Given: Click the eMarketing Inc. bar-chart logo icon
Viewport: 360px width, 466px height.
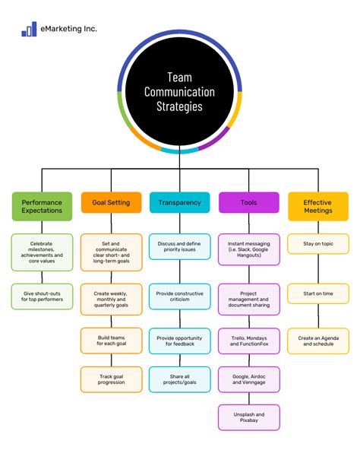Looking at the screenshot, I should pyautogui.click(x=29, y=29).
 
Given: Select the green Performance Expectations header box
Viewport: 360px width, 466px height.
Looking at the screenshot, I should pyautogui.click(x=43, y=207).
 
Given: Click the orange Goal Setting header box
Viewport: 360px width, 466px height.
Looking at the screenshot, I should pyautogui.click(x=111, y=203).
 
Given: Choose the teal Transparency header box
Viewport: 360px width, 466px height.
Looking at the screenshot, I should pyautogui.click(x=180, y=203).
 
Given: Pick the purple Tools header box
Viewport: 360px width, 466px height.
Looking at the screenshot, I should pyautogui.click(x=248, y=203).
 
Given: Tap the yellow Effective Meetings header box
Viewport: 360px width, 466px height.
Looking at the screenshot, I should pyautogui.click(x=317, y=207).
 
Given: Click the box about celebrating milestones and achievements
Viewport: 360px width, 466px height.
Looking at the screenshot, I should pyautogui.click(x=43, y=252).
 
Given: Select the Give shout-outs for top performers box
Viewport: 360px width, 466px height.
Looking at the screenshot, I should pyautogui.click(x=43, y=296).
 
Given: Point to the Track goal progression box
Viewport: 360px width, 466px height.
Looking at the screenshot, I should pyautogui.click(x=111, y=379).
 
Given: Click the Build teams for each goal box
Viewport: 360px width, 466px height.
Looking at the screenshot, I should pyautogui.click(x=111, y=339).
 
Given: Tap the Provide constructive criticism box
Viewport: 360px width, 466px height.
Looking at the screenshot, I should pyautogui.click(x=180, y=296).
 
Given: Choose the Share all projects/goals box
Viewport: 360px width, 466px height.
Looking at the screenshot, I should pyautogui.click(x=180, y=379).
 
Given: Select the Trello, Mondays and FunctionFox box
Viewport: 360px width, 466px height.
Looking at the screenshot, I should pyautogui.click(x=248, y=339).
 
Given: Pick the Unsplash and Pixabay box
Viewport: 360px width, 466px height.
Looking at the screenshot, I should pyautogui.click(x=248, y=417).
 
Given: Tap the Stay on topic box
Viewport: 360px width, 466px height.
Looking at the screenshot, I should pyautogui.click(x=317, y=245).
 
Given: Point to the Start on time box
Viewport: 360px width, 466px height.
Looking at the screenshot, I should pyautogui.click(x=317, y=293).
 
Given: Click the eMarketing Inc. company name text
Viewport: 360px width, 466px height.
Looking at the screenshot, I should pyautogui.click(x=70, y=29).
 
